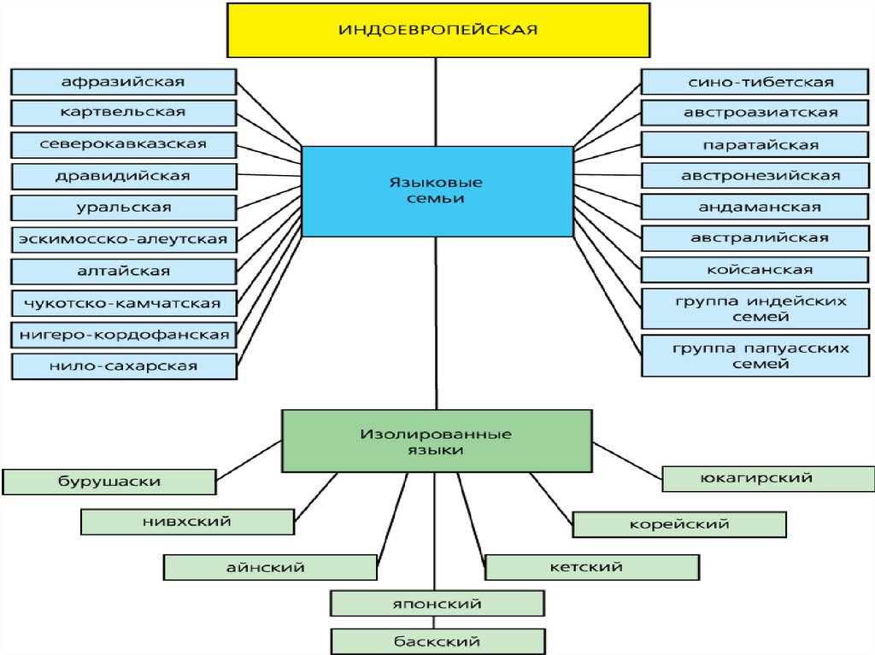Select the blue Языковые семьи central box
pyautogui.click(x=437, y=190)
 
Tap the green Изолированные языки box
pyautogui.click(x=437, y=441)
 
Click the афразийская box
pyautogui.click(x=124, y=82)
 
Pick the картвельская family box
pyautogui.click(x=124, y=113)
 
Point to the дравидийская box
pyautogui.click(x=124, y=176)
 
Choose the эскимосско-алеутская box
pyautogui.click(x=124, y=239)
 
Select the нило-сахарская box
pyautogui.click(x=124, y=366)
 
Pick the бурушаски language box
pyautogui.click(x=109, y=482)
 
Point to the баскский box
pyautogui.click(x=437, y=641)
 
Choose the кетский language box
pyautogui.click(x=592, y=567)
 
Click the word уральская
pyautogui.click(x=124, y=208)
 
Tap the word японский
pyautogui.click(x=437, y=604)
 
